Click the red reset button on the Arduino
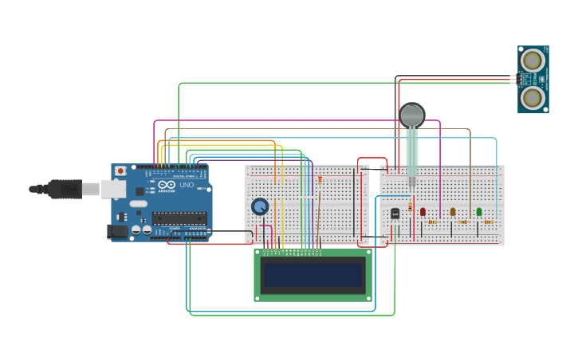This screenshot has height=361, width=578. click(x=120, y=171)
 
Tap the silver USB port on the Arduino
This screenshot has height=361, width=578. click(x=112, y=189)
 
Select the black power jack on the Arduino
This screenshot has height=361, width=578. click(x=117, y=231)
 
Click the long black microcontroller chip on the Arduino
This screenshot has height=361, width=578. click(x=179, y=218)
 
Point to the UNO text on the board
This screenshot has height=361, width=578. click(x=187, y=186)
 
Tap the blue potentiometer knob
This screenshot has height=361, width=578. click(x=260, y=206)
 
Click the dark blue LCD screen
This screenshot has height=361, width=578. click(x=313, y=276)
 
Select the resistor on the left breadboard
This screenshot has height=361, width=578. click(x=320, y=180)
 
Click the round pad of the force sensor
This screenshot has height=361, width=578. click(x=412, y=115)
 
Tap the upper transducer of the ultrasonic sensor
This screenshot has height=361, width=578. click(x=533, y=60)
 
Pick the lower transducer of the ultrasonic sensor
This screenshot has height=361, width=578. click(x=533, y=97)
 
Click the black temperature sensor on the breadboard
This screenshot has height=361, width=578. click(x=395, y=214)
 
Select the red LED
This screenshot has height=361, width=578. click(x=423, y=212)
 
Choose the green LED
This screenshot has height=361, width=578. click(x=479, y=211)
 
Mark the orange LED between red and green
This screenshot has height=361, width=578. click(x=453, y=212)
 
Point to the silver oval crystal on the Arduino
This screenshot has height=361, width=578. click(x=139, y=204)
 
